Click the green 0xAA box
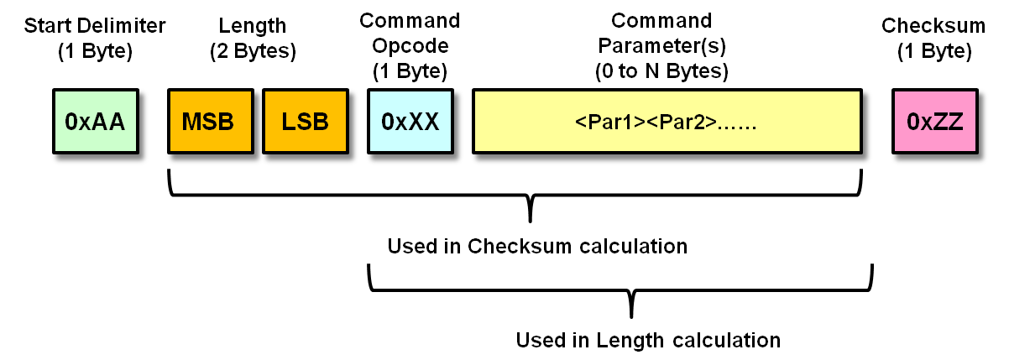(x=94, y=123)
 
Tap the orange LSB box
(x=305, y=123)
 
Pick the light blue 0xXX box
(x=410, y=123)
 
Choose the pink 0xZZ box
(x=934, y=123)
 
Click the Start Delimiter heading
(x=95, y=26)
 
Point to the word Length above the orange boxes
(x=252, y=26)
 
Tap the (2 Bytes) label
(x=252, y=51)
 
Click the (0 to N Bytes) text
(x=661, y=70)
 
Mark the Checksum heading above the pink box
(x=933, y=26)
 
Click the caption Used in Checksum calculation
(x=537, y=247)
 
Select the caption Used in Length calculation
(x=648, y=341)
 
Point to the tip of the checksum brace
(x=531, y=220)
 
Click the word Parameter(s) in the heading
(x=661, y=45)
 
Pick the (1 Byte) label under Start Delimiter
(x=95, y=51)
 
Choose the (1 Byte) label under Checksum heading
(x=933, y=51)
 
